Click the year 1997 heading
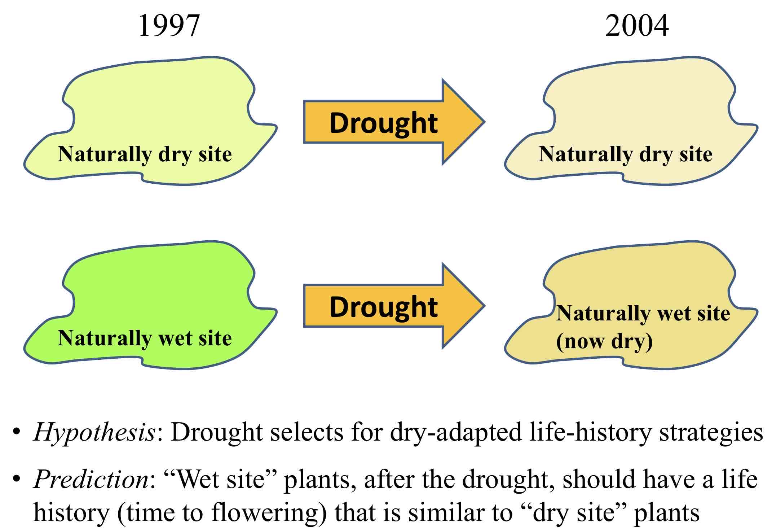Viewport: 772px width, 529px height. [169, 26]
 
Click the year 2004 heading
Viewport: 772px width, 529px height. [637, 26]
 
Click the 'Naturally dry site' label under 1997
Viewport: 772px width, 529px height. [145, 154]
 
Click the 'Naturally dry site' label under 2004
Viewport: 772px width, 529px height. [625, 154]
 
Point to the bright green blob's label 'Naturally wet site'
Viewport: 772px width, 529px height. [145, 338]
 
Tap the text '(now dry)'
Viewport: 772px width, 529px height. [604, 341]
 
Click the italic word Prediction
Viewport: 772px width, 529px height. [91, 479]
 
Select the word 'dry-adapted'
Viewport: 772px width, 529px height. [456, 432]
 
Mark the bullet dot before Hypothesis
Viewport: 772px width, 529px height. [16, 432]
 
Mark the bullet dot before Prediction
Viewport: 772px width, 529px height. [16, 479]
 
